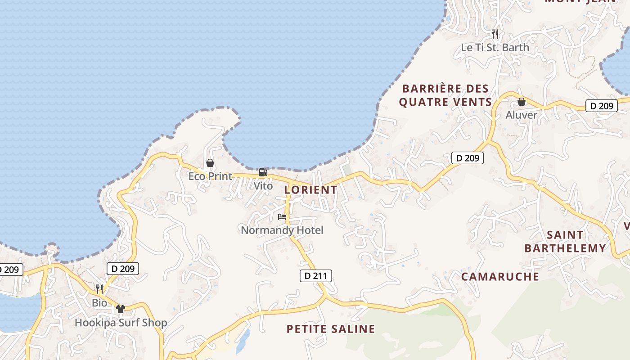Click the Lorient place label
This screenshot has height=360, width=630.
310,190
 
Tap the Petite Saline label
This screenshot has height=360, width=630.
331,329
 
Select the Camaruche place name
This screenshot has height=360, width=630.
500,276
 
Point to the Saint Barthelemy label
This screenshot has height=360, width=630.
565,242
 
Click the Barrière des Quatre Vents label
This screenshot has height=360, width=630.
445,95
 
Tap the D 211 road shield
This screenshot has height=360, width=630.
316,276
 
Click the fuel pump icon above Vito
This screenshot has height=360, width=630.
263,172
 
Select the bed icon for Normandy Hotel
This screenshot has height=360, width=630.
282,217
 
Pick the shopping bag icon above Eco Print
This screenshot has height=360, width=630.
210,163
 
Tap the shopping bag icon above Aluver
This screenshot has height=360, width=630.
521,102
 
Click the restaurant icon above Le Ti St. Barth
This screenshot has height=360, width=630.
495,34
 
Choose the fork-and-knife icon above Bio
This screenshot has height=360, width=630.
99,289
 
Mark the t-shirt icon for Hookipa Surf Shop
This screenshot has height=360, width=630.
120,309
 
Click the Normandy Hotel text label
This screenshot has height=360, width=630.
282,230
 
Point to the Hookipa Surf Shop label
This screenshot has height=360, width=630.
121,323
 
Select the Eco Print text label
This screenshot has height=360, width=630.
210,176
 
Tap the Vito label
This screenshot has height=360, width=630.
263,186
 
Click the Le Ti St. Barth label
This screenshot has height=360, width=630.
495,47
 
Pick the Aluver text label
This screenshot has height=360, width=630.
521,115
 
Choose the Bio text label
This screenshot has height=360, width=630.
99,303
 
